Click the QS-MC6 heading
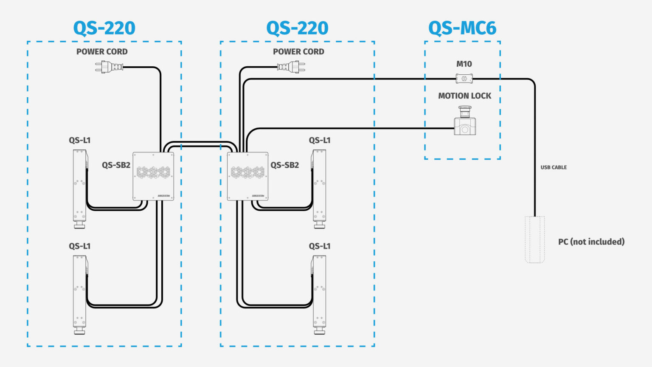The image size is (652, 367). pyautogui.click(x=462, y=28)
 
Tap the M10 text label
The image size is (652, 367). pyautogui.click(x=464, y=64)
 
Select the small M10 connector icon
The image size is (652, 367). pyautogui.click(x=464, y=79)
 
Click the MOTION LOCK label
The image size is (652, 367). pyautogui.click(x=464, y=96)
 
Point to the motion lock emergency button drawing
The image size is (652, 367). pyautogui.click(x=465, y=121)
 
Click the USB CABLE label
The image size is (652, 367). pyautogui.click(x=554, y=167)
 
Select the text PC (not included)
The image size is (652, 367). pyautogui.click(x=591, y=242)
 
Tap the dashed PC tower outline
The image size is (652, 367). pyautogui.click(x=534, y=240)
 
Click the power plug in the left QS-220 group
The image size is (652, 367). pyautogui.click(x=109, y=67)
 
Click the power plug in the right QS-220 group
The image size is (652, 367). pyautogui.click(x=291, y=67)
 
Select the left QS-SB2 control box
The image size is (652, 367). pyautogui.click(x=153, y=176)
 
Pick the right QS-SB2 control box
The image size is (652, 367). pyautogui.click(x=247, y=176)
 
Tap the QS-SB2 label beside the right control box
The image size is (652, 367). pyautogui.click(x=285, y=165)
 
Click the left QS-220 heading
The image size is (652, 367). pyautogui.click(x=104, y=28)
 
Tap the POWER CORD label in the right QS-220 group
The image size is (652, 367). pyautogui.click(x=298, y=52)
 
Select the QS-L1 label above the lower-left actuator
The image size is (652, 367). pyautogui.click(x=80, y=246)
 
